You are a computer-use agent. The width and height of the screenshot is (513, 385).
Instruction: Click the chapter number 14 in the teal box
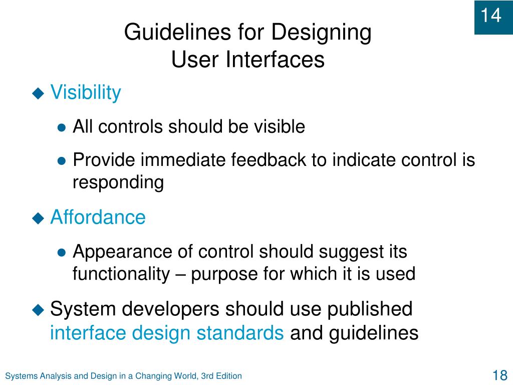click(x=491, y=16)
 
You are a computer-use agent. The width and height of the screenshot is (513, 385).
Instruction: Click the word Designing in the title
click(x=321, y=33)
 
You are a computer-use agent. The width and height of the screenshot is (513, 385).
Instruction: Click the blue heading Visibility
click(x=86, y=93)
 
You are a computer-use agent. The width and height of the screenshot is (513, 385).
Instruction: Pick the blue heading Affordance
click(x=98, y=218)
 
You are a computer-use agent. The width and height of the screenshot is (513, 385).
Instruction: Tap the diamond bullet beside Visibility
click(x=39, y=93)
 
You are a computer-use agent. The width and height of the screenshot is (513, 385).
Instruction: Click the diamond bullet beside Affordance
click(x=39, y=218)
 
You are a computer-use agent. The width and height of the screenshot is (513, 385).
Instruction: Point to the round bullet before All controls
click(x=62, y=128)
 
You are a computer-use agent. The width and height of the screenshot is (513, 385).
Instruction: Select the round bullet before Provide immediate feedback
click(x=62, y=161)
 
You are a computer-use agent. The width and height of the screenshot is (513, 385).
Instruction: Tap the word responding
click(x=118, y=183)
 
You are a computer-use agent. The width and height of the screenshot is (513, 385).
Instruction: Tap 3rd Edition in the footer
click(x=221, y=376)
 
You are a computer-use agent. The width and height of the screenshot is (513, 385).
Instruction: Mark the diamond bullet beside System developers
click(x=39, y=310)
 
